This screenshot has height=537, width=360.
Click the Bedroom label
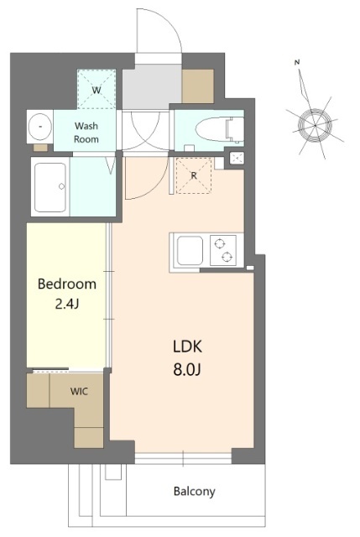(67, 284)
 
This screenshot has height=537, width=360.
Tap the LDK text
(187, 347)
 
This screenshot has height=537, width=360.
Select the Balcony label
(194, 492)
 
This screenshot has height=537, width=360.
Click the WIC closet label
(79, 391)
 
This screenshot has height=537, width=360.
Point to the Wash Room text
(86, 133)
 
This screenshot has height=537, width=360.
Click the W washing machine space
(97, 89)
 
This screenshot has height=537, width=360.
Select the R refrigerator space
(194, 175)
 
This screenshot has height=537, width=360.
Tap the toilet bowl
(219, 130)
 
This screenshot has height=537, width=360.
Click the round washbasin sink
(40, 127)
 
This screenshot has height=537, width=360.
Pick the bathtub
(50, 187)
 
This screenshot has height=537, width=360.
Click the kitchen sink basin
(190, 251)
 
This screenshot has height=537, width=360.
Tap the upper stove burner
(220, 243)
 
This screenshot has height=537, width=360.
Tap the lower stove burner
(227, 256)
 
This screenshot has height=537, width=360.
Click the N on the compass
(297, 62)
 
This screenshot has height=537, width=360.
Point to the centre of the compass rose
(315, 126)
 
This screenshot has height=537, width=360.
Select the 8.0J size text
(187, 369)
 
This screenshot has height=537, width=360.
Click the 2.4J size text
(67, 304)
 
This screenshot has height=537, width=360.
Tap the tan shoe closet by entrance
(198, 86)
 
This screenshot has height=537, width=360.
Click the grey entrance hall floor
(152, 86)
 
